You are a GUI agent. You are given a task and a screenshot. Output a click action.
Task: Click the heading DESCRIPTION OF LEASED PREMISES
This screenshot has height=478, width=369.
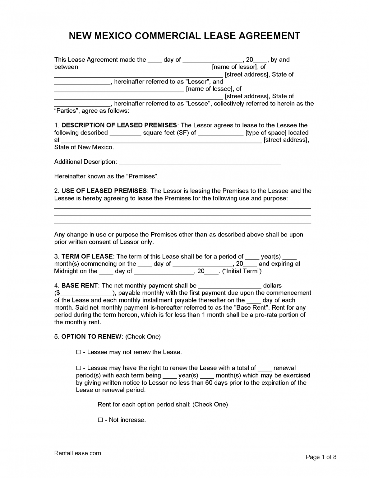tap(119, 125)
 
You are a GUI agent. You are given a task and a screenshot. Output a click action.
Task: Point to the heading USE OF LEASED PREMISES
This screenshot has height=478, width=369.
tap(104, 191)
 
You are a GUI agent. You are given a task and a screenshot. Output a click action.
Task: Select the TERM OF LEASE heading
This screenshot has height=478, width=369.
tap(87, 256)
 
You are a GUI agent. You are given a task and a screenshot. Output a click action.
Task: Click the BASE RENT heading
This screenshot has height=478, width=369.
tap(80, 286)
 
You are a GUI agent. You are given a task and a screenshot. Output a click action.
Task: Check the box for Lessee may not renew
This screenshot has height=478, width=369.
tap(79, 352)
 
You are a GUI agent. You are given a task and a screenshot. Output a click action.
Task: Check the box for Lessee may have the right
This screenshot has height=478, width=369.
tap(79, 368)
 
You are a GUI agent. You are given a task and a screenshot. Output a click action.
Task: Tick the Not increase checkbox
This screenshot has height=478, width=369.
tap(100, 420)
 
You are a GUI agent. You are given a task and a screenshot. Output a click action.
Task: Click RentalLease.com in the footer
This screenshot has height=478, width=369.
tap(77, 453)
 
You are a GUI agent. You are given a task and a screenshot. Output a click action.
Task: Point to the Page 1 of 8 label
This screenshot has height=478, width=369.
tap(321, 457)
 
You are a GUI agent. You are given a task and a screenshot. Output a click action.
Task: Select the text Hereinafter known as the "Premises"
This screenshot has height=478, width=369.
tap(106, 176)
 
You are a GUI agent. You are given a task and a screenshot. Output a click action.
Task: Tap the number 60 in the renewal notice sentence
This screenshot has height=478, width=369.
tap(209, 383)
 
